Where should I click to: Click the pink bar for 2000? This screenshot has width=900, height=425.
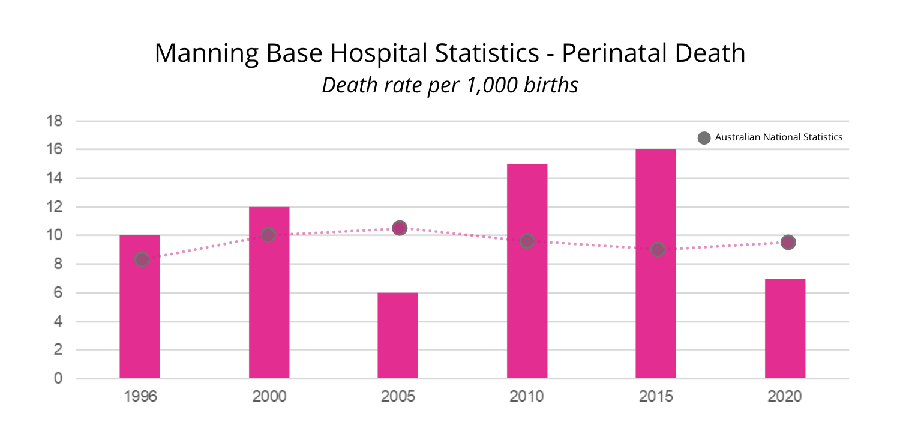pyautogui.click(x=269, y=300)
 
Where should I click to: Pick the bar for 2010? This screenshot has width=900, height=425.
pyautogui.click(x=527, y=300)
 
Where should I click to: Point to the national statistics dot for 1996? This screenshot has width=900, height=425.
pyautogui.click(x=142, y=259)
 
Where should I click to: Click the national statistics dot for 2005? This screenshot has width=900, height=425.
pyautogui.click(x=400, y=228)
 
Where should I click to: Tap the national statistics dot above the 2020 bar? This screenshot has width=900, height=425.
pyautogui.click(x=788, y=242)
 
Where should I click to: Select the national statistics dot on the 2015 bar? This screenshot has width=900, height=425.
pyautogui.click(x=658, y=249)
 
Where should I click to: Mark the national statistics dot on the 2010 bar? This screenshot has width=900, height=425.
pyautogui.click(x=527, y=241)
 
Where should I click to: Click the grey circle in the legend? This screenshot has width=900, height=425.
pyautogui.click(x=704, y=138)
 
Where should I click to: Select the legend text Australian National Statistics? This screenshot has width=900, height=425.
pyautogui.click(x=778, y=137)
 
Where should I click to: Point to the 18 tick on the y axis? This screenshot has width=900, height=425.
pyautogui.click(x=55, y=121)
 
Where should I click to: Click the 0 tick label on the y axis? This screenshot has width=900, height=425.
pyautogui.click(x=58, y=378)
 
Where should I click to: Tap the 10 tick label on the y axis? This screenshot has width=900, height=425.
pyautogui.click(x=55, y=235)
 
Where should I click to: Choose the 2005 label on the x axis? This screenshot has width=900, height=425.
pyautogui.click(x=398, y=397)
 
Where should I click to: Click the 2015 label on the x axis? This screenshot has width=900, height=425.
pyautogui.click(x=656, y=397)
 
